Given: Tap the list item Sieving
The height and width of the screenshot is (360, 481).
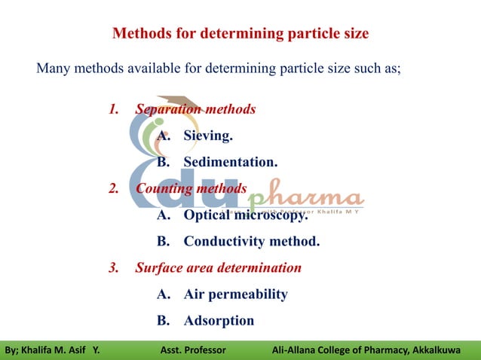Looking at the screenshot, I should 208,136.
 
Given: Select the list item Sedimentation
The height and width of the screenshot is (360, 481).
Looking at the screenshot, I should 231,162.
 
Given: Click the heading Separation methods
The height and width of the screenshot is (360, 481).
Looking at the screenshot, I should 195,109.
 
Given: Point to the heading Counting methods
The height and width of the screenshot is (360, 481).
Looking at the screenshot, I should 191,188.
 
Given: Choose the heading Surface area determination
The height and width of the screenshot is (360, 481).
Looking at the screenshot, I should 218,267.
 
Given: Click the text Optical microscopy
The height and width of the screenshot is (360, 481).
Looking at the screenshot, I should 246,215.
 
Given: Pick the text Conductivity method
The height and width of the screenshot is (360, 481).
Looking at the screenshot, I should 252,242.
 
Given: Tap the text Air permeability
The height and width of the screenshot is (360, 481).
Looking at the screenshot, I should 235,294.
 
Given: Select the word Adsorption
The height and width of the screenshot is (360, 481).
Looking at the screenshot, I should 219,321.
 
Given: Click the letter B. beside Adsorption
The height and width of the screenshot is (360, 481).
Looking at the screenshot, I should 163,321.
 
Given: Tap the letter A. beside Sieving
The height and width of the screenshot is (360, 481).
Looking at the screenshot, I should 163,136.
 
